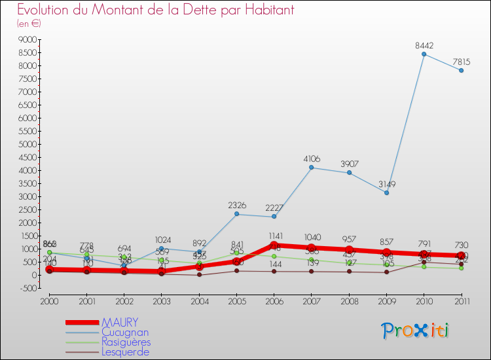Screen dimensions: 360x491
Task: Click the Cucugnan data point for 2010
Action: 424,54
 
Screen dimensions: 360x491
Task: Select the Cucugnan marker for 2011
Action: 462,71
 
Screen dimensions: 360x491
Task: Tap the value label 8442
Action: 424,46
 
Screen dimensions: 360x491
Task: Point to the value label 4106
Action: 312,158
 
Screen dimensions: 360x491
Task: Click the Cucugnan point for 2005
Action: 236,214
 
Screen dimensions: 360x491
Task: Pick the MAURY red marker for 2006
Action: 274,245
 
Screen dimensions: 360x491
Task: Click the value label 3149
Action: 386,184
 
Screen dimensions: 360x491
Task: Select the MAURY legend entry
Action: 120,322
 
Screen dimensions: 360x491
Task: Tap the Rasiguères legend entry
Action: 126,342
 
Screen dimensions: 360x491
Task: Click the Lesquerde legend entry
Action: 124,352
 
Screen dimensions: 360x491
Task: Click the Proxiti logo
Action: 416,331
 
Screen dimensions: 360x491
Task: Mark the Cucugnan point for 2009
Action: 387,192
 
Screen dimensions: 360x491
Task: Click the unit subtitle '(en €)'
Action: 29,24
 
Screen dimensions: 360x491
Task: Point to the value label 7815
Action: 462,62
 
